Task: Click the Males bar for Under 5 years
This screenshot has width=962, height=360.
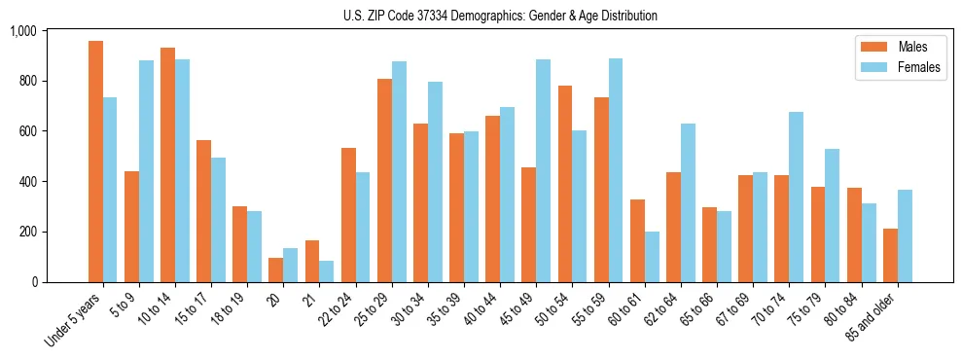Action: pos(95,162)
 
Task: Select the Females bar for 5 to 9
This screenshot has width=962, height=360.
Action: pos(146,171)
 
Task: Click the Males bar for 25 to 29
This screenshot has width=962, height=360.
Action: pos(384,180)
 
